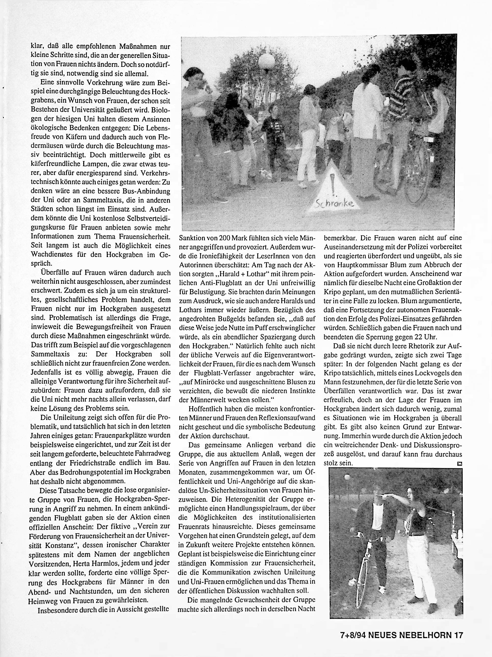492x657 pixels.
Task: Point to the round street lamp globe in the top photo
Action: [x=267, y=61]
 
